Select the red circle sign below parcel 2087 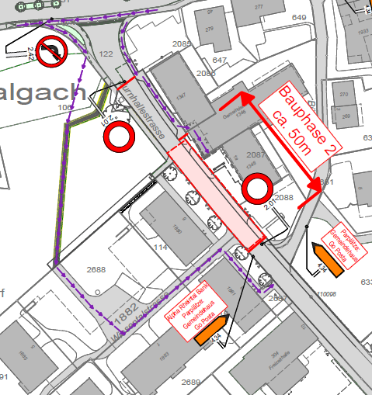pos(257,188)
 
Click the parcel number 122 pos(106,54)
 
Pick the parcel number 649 pos(298,17)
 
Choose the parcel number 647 pos(219,60)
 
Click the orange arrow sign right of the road pos(329,258)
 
